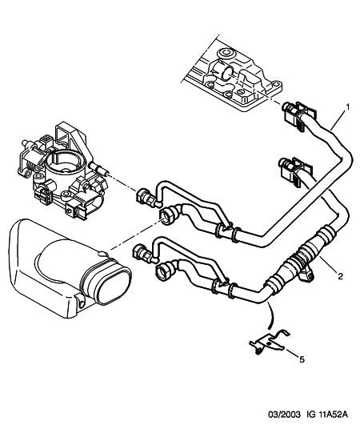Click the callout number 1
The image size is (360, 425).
pyautogui.click(x=346, y=107)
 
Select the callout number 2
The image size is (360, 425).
pyautogui.click(x=340, y=276)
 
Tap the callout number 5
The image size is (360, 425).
pyautogui.click(x=302, y=359)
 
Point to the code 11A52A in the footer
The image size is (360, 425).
pyautogui.click(x=333, y=415)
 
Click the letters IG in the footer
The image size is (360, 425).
pyautogui.click(x=310, y=415)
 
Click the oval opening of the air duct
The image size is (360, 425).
pyautogui.click(x=114, y=286)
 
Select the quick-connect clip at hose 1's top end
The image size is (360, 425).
pyautogui.click(x=298, y=116)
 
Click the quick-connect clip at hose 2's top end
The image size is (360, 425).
pyautogui.click(x=295, y=171)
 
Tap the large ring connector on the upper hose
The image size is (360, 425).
pyautogui.click(x=168, y=215)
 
